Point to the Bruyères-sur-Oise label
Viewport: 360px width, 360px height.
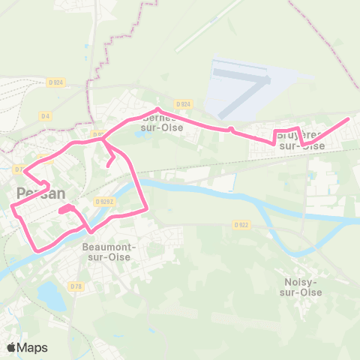pyautogui.click(x=301, y=140)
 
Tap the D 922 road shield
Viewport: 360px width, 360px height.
pyautogui.click(x=241, y=224)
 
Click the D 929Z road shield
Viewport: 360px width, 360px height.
pyautogui.click(x=103, y=201)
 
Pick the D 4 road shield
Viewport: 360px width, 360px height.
pyautogui.click(x=45, y=115)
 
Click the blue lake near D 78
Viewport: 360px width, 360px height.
pyautogui.click(x=52, y=295)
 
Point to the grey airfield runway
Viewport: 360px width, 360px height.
pyautogui.click(x=241, y=74)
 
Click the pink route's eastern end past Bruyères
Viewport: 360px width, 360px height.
pyautogui.click(x=348, y=118)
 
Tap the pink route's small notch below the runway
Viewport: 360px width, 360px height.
pyautogui.click(x=232, y=129)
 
